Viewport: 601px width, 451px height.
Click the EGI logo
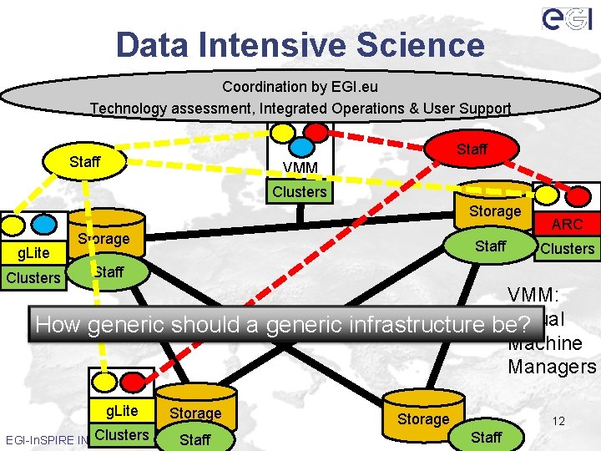click(567, 18)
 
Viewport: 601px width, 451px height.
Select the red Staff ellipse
click(472, 149)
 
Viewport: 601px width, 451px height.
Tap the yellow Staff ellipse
click(85, 161)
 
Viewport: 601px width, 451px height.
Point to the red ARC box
click(567, 224)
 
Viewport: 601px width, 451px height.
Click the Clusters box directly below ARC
click(567, 248)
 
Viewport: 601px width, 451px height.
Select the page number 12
click(558, 421)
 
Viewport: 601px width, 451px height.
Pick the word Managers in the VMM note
click(552, 366)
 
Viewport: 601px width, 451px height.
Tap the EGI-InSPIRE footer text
click(46, 438)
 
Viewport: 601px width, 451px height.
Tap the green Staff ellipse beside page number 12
click(486, 437)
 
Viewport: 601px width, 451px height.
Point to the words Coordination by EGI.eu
click(300, 87)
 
